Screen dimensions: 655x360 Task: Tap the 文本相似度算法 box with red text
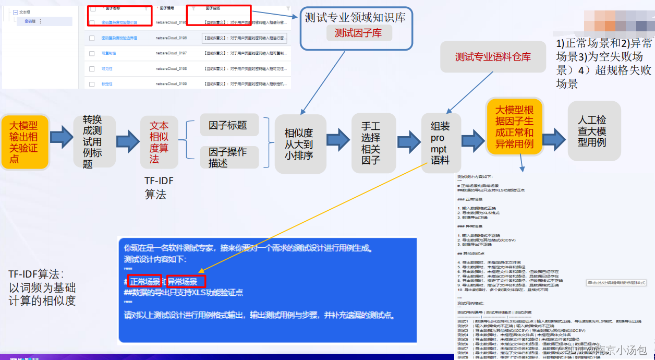[159, 142]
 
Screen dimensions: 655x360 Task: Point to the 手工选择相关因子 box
[371, 143]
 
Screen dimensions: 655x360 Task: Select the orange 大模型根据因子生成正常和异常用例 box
[514, 127]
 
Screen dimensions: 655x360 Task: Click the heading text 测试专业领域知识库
[355, 17]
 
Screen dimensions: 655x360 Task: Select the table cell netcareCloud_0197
[171, 53]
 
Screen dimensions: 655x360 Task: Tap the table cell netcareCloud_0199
[171, 83]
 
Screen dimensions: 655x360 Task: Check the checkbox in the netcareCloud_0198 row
[92, 68]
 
